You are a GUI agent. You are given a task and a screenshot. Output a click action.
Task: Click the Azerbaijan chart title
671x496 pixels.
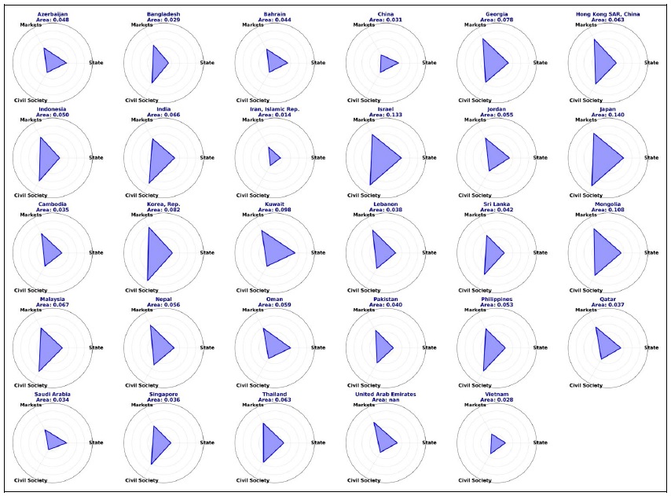pyautogui.click(x=53, y=14)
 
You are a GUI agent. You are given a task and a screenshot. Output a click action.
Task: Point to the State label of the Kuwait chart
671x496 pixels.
pyautogui.click(x=318, y=252)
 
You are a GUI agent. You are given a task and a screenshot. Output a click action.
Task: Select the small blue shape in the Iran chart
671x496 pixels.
pyautogui.click(x=273, y=157)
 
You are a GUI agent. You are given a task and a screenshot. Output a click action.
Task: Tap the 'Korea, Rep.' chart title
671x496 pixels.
pyautogui.click(x=163, y=204)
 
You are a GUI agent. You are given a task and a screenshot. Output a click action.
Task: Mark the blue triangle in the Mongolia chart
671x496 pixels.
pyautogui.click(x=603, y=252)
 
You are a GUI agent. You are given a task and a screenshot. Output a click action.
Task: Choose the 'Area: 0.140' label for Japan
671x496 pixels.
pyautogui.click(x=608, y=114)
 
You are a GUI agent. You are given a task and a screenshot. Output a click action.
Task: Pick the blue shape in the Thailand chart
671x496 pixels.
pyautogui.click(x=270, y=443)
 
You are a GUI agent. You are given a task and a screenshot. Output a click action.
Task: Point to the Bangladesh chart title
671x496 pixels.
pyautogui.click(x=163, y=14)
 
